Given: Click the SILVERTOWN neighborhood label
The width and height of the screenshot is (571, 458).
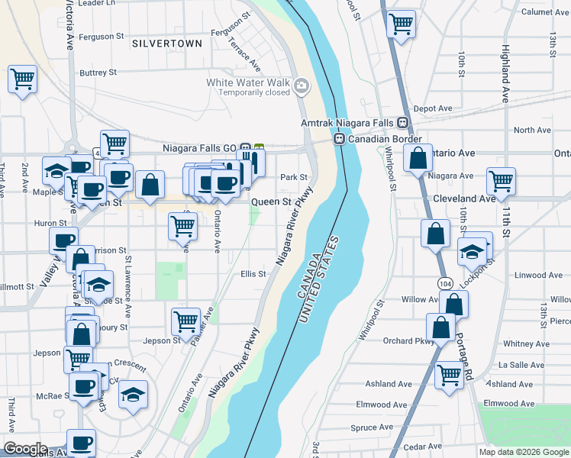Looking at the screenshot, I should tap(167, 44).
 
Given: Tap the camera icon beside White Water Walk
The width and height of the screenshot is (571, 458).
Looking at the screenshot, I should tap(302, 85).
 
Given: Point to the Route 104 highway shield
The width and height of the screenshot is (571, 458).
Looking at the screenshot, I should tap(445, 283).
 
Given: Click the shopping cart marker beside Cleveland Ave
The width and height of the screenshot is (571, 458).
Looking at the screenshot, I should tap(501, 181).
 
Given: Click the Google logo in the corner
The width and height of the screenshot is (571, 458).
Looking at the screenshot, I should tap(24, 448).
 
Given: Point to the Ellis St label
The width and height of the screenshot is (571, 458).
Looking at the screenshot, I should tap(253, 273).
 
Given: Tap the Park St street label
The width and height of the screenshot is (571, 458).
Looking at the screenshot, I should tap(293, 177).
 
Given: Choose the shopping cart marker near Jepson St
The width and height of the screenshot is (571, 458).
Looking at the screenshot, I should tap(185, 321).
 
